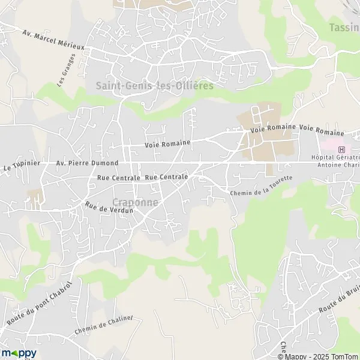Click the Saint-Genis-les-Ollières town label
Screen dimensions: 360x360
pyautogui.click(x=155, y=86)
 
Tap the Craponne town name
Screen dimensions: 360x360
pyautogui.click(x=136, y=203)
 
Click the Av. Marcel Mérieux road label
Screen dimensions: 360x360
pyautogui.click(x=53, y=40)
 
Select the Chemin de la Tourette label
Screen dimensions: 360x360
pyautogui.click(x=261, y=187)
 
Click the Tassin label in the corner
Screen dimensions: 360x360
pyautogui.click(x=344, y=28)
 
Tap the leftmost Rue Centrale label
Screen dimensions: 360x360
pyautogui.click(x=118, y=178)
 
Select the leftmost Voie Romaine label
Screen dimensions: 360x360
pyautogui.click(x=167, y=143)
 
